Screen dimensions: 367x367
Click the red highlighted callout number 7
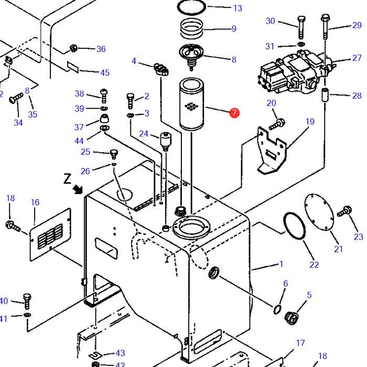[x=234, y=113]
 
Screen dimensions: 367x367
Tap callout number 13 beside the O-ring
[x=238, y=8]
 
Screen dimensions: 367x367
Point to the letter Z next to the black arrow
[x=67, y=179]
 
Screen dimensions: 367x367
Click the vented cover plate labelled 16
[x=51, y=235]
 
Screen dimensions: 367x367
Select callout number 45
[x=105, y=73]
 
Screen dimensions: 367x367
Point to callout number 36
[x=101, y=49]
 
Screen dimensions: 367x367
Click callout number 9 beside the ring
[x=234, y=29]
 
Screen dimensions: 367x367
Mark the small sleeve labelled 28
[x=324, y=96]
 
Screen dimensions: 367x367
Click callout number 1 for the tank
[x=281, y=264]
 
